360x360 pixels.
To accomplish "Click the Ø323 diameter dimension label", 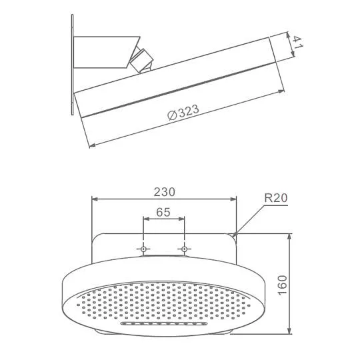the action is click(183, 112).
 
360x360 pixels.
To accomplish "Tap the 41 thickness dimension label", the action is click(298, 43).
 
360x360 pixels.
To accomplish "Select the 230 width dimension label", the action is click(164, 192).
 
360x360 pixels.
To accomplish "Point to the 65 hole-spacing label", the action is click(163, 212).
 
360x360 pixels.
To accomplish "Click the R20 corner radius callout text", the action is click(276, 198).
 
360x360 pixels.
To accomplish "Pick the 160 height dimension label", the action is click(283, 285).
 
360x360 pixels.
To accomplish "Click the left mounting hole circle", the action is click(143, 249).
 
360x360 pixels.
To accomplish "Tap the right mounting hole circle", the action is click(184, 249).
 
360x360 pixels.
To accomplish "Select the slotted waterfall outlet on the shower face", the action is click(164, 324).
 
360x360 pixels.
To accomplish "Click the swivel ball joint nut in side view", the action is click(141, 59).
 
